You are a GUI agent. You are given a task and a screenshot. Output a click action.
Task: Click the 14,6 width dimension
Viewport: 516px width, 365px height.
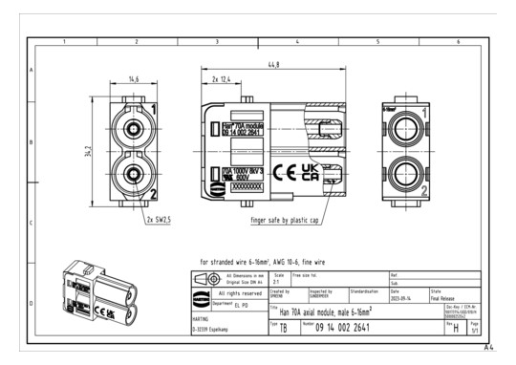click(x=135, y=78)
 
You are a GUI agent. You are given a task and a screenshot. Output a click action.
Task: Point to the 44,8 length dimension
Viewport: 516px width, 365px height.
click(x=274, y=64)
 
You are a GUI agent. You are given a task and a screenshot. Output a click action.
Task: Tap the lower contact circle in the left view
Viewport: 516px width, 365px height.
click(x=128, y=174)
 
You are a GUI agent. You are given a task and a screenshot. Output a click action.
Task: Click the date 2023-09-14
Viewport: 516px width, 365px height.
click(x=402, y=296)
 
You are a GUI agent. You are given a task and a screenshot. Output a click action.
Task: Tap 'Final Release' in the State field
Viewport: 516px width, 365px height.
click(x=443, y=296)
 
